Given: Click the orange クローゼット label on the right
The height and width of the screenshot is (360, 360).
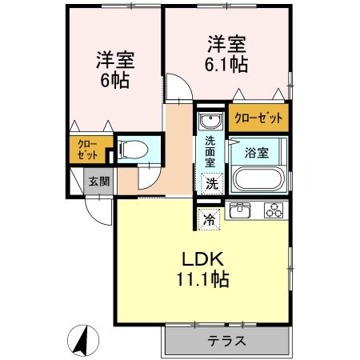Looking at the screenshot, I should tap(258, 118).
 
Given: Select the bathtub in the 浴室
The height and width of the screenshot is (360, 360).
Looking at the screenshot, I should tap(258, 177).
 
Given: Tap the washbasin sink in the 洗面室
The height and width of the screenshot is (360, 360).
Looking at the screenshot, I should tap(210, 121).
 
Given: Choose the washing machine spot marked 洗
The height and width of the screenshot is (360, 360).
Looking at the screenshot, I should tap(210, 183).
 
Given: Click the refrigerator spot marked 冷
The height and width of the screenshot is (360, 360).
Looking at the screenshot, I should tap(208, 216).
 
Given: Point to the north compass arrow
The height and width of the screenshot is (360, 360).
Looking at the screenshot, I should tap(80, 341).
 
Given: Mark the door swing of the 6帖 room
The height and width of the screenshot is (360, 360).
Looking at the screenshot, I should tap(178, 86).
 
